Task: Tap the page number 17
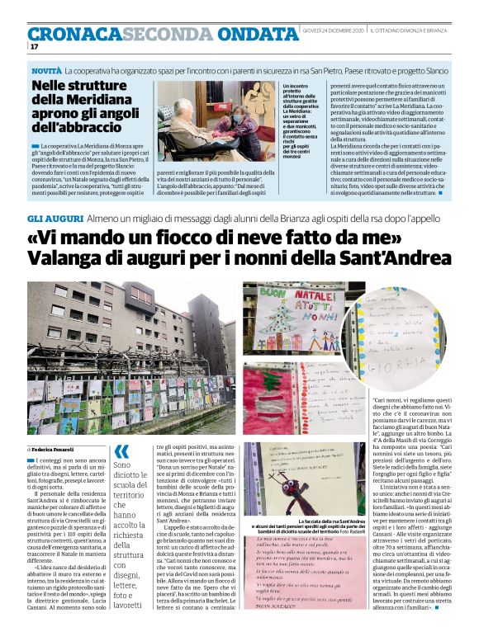pyautogui.click(x=34, y=47)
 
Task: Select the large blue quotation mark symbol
pyautogui.click(x=122, y=452)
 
